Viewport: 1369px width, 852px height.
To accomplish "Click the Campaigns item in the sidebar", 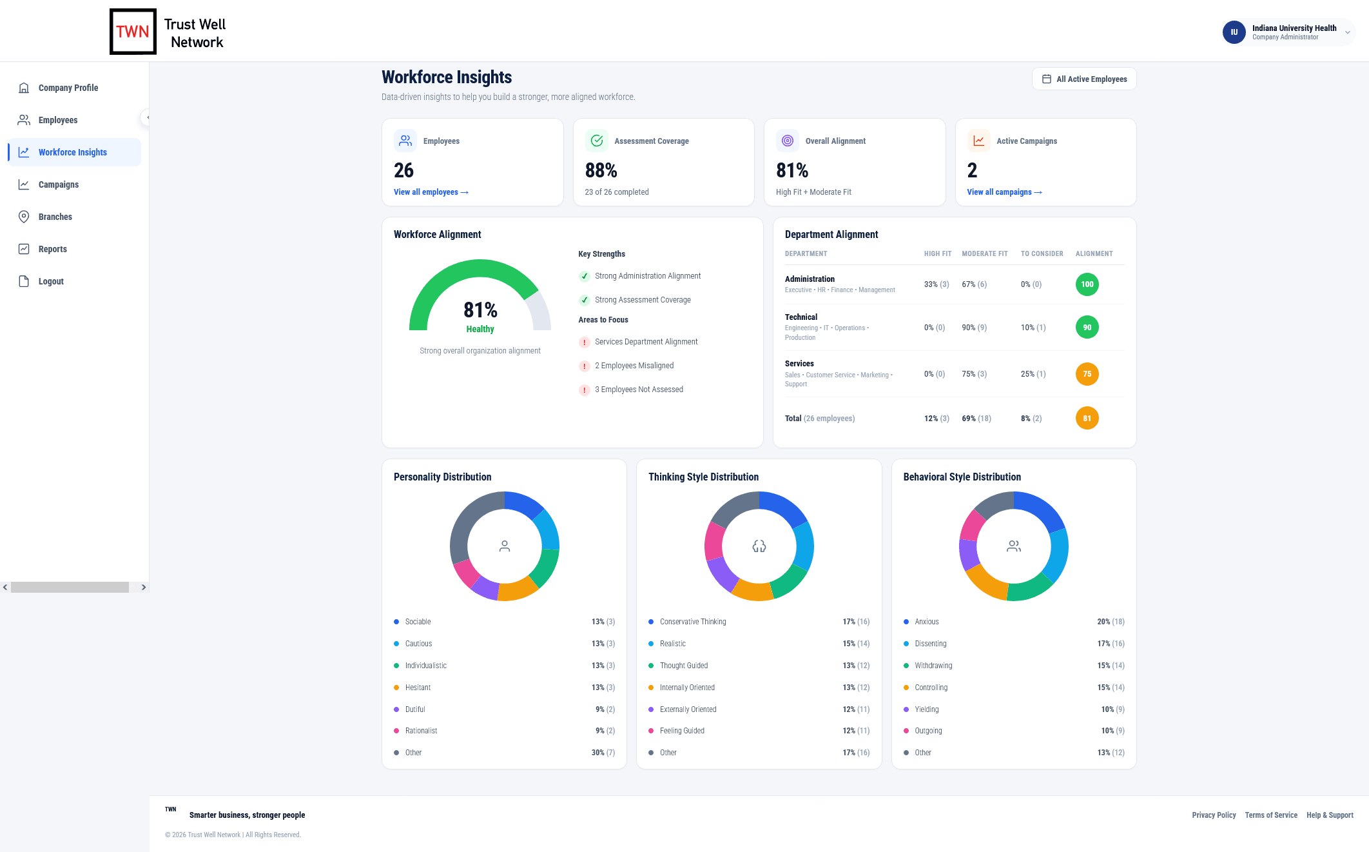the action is pyautogui.click(x=58, y=184).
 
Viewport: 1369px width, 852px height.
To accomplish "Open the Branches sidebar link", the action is pyautogui.click(x=55, y=217).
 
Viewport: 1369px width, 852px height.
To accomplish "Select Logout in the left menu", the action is pyautogui.click(x=51, y=281).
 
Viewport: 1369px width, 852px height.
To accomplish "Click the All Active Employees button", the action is pyautogui.click(x=1084, y=79).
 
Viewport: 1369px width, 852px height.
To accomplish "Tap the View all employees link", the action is pyautogui.click(x=431, y=192).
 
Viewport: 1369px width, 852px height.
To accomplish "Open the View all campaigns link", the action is pyautogui.click(x=1004, y=192).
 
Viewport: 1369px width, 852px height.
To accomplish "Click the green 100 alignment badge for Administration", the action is pyautogui.click(x=1087, y=284).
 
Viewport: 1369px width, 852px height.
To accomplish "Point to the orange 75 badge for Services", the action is pyautogui.click(x=1087, y=374).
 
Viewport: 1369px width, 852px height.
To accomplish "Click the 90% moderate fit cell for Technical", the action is pyautogui.click(x=974, y=328).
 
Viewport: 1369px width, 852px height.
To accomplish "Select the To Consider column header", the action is pyautogui.click(x=1042, y=254).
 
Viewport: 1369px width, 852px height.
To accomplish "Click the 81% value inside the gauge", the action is pyautogui.click(x=480, y=310).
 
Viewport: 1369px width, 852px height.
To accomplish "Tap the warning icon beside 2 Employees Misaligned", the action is pyautogui.click(x=585, y=366).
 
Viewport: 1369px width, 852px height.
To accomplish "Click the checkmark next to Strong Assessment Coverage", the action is pyautogui.click(x=585, y=300).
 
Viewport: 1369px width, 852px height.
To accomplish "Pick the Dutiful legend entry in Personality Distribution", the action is pyautogui.click(x=415, y=709).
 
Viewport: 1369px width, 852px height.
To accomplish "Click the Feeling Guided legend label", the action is pyautogui.click(x=682, y=731).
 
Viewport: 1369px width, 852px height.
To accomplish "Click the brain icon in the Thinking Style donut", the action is pyautogui.click(x=759, y=546).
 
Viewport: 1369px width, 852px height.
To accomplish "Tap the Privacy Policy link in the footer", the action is pyautogui.click(x=1214, y=815).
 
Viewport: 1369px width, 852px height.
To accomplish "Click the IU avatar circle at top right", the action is pyautogui.click(x=1234, y=32).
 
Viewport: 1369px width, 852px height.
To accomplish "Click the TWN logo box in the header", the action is pyautogui.click(x=133, y=32).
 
